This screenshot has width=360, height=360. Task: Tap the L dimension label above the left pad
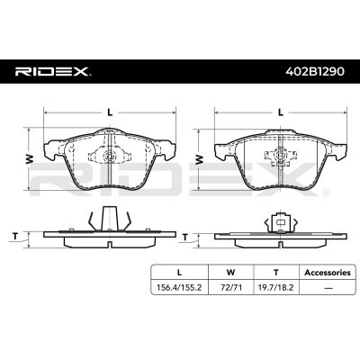pos(109,112)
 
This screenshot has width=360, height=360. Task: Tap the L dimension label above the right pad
pos(282,112)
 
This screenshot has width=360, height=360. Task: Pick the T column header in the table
pos(276,271)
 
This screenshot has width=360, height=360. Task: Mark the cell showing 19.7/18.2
pos(276,288)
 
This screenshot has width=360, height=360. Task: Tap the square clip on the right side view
pos(282,220)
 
